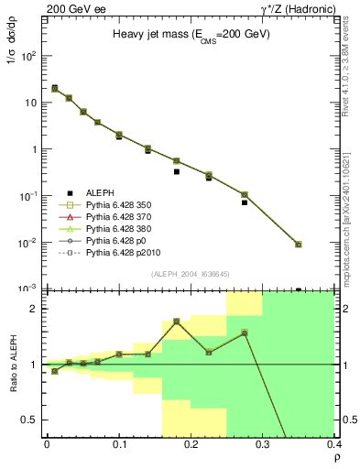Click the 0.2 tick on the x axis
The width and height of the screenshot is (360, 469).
coord(191,443)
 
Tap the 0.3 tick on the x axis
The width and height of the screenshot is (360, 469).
coord(263,443)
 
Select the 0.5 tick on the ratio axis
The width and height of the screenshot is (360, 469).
coord(35,420)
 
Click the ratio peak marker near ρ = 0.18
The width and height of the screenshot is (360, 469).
coord(176,322)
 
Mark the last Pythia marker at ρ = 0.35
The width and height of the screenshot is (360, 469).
coord(323,245)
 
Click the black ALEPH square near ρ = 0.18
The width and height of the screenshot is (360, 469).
coord(176,171)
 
